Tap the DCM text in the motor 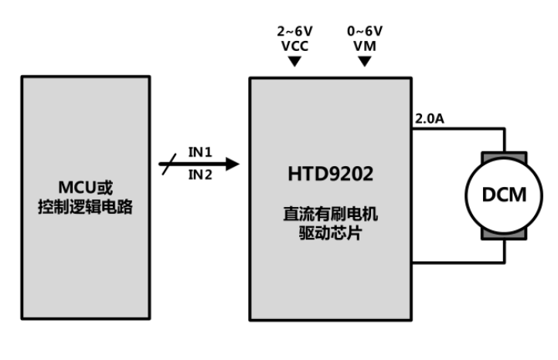pyautogui.click(x=504, y=194)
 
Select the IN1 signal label pyautogui.click(x=200, y=151)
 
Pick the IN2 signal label pyautogui.click(x=200, y=175)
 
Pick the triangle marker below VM pyautogui.click(x=366, y=61)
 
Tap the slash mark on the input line pyautogui.click(x=167, y=163)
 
